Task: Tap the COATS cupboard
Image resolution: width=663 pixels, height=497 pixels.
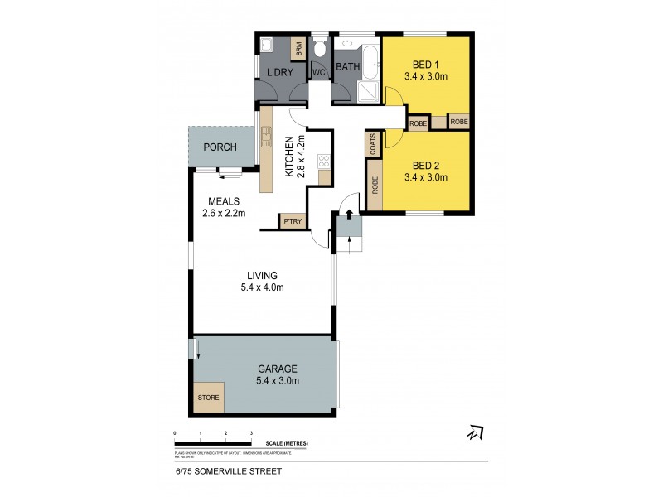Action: [x=373, y=145]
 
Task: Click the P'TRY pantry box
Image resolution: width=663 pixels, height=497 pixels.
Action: [x=291, y=221]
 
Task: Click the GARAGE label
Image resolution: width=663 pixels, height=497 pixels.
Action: [x=278, y=369]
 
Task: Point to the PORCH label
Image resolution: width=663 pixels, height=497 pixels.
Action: [x=220, y=147]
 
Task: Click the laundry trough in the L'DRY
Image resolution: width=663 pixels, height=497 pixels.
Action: [x=267, y=45]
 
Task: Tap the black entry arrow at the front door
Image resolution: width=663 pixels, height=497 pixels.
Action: [x=349, y=214]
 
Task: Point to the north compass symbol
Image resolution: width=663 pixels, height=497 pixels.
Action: [x=474, y=433]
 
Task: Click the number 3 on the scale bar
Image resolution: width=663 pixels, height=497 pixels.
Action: [x=251, y=433]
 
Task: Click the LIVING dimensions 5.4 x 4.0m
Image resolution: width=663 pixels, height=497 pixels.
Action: [x=261, y=287]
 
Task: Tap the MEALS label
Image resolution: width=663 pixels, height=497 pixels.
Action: [x=224, y=200]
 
